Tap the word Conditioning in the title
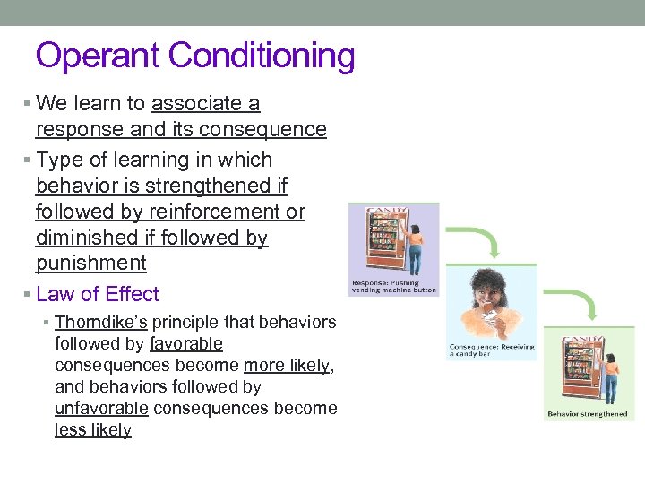point(261,56)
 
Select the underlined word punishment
point(90,264)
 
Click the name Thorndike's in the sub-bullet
point(102,323)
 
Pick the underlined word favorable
point(186,344)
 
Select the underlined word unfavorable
point(101,409)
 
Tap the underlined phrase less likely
point(92,430)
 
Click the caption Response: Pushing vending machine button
point(393,288)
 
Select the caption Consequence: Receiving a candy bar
point(492,350)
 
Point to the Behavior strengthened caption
point(588,414)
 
